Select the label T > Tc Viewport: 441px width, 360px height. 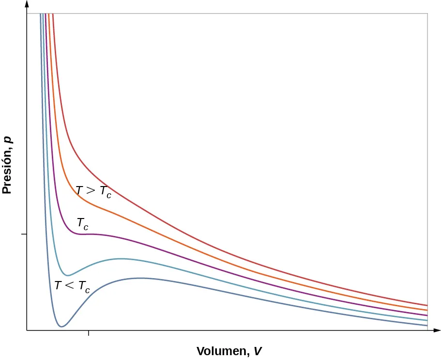(x=93, y=191)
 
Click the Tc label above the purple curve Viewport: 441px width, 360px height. (x=82, y=223)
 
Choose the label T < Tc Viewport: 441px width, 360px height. (x=72, y=286)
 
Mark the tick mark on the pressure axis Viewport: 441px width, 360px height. (x=24, y=234)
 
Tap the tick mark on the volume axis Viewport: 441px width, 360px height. (x=89, y=333)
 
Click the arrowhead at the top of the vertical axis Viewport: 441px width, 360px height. (x=27, y=4)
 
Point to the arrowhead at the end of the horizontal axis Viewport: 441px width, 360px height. (x=437, y=330)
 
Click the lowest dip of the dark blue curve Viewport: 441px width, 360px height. (x=61, y=327)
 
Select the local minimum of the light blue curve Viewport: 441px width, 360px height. (x=67, y=275)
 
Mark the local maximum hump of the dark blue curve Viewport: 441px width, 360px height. (x=140, y=278)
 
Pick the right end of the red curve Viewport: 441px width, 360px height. (x=427, y=305)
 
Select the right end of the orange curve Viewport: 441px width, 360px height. (x=427, y=310)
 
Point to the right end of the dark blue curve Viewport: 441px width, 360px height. (x=427, y=326)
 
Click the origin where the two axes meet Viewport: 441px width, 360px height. (x=27, y=330)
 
